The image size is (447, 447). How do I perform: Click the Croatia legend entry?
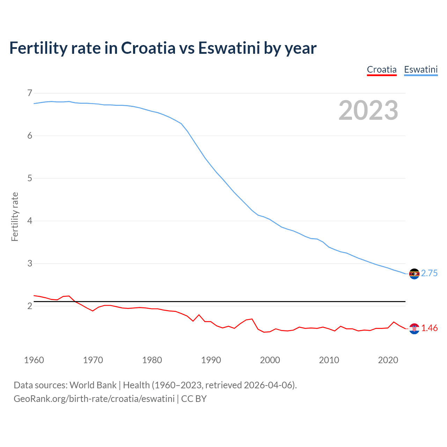(x=382, y=69)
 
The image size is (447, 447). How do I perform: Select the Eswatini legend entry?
(x=420, y=69)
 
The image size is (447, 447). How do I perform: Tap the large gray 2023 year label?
(x=368, y=110)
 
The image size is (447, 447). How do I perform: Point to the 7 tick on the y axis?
(x=30, y=93)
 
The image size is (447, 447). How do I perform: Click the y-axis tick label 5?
(x=30, y=178)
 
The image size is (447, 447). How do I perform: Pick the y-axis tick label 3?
(x=30, y=263)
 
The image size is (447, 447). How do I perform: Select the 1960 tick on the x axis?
(x=34, y=360)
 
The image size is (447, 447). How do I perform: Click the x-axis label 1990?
(x=211, y=360)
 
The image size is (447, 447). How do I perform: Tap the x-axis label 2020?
(x=388, y=360)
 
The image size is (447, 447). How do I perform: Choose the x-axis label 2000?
(x=270, y=360)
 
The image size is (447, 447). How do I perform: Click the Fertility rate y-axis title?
(x=15, y=217)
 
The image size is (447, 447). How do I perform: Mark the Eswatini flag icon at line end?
(x=414, y=274)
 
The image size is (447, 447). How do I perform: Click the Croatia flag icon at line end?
(x=414, y=329)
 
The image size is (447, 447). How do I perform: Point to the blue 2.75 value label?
(x=429, y=273)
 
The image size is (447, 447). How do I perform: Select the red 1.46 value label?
(x=429, y=328)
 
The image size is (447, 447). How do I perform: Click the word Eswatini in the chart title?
(x=229, y=48)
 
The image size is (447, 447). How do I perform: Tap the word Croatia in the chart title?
(x=148, y=48)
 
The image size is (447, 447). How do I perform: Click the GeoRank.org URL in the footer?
(x=94, y=399)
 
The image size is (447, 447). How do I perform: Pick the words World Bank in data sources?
(x=93, y=385)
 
